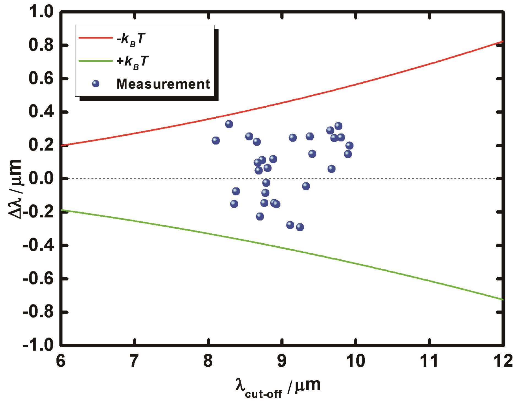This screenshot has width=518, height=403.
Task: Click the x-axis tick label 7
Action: coord(134,361)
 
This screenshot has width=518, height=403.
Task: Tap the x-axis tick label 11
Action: coord(429,361)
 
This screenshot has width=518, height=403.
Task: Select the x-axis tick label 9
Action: coord(282,361)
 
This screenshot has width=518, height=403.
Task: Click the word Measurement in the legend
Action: coord(163,84)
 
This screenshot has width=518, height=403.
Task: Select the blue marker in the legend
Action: coord(96,84)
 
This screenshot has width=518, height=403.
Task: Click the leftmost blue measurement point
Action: coord(216,140)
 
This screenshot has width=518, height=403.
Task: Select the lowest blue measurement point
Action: coord(300,227)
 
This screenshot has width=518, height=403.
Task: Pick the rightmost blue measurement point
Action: coord(349,145)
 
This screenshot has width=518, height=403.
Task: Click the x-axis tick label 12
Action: coord(503,361)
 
